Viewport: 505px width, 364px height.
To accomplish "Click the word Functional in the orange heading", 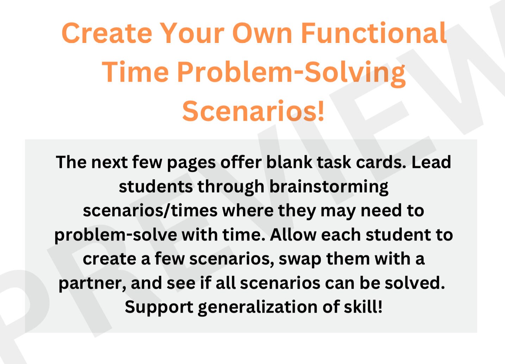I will click(374, 33).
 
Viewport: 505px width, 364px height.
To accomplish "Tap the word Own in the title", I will click(262, 33).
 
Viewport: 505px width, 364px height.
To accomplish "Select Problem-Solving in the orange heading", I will click(291, 72).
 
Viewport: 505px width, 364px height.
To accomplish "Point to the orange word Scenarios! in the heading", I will click(253, 111).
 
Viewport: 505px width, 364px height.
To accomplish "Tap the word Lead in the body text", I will click(431, 162).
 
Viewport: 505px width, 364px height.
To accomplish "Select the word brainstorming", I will click(329, 187).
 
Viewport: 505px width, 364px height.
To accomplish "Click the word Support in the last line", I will click(159, 307).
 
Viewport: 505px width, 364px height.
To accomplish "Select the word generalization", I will click(258, 307).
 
